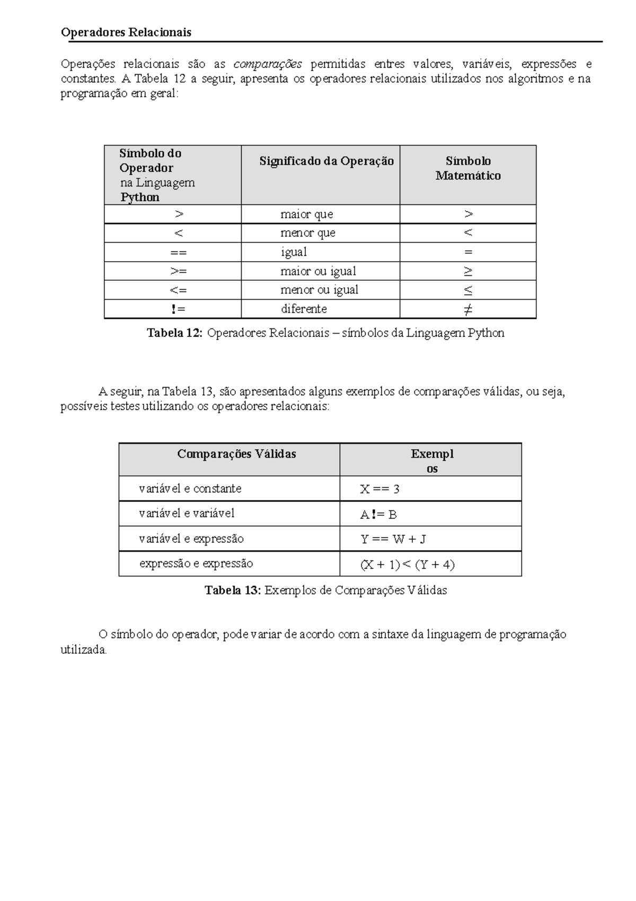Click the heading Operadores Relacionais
pos(126,32)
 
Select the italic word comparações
pos(268,64)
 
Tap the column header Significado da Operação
pos(326,161)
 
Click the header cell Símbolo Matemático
pos(468,168)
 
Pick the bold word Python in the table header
pos(140,197)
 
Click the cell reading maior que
pos(306,214)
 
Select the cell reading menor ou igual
pos(319,290)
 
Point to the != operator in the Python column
pos(178,309)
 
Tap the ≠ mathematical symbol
pos(467,309)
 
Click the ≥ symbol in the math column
pos(467,271)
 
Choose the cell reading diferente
pos(303,309)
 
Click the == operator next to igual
pos(178,252)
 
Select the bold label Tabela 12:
pos(174,333)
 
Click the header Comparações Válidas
pos(236,454)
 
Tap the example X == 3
pos(379,489)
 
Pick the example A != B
pos(378,514)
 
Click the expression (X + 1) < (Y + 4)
pos(407,565)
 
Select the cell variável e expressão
pos(191,539)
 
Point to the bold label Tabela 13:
pos(233,591)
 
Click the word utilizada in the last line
pos(84,650)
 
